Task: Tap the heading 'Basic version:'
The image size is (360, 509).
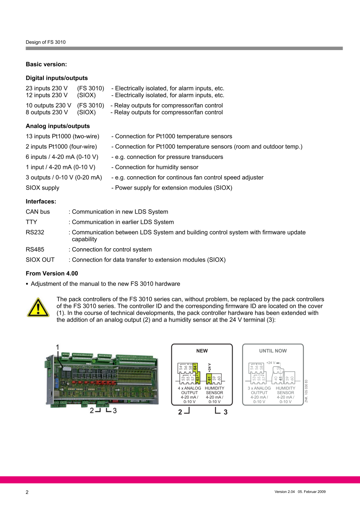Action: tap(46, 64)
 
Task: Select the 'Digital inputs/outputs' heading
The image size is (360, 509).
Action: tap(57, 78)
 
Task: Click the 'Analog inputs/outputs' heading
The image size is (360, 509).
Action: tap(58, 126)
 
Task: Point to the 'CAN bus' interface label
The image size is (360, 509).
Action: tap(38, 211)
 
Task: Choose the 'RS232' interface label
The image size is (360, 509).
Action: tap(35, 232)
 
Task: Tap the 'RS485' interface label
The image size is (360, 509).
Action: tap(35, 250)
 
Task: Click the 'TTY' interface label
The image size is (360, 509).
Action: tap(31, 222)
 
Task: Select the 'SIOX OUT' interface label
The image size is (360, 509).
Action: tap(40, 260)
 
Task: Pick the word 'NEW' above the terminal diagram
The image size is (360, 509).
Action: tap(202, 351)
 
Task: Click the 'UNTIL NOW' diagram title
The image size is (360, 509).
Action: tap(273, 351)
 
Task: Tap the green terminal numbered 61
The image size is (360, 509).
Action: tap(209, 378)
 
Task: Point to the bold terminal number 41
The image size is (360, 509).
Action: tap(281, 378)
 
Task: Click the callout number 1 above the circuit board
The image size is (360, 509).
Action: tap(58, 346)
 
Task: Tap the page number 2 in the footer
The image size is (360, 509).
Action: tap(27, 492)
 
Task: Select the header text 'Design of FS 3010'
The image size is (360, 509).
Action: tap(46, 42)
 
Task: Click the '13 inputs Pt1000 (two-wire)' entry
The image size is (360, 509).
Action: tap(62, 136)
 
